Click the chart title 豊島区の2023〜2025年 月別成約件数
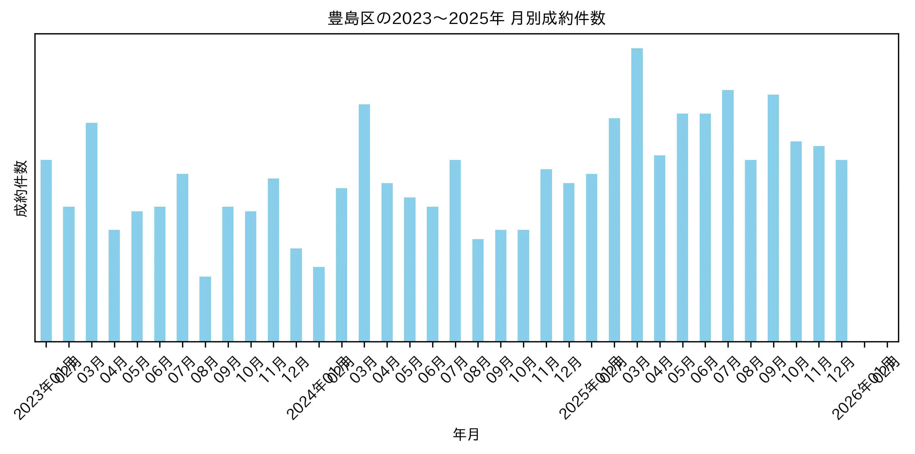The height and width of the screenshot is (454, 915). point(466,19)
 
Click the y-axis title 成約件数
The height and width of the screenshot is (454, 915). point(21,188)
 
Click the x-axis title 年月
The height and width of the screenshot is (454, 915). point(466,434)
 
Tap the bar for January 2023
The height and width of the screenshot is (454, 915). point(46,251)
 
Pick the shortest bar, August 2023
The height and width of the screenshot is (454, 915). point(205,309)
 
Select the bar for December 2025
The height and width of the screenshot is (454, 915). point(841,251)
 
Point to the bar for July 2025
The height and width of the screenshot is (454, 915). point(728,216)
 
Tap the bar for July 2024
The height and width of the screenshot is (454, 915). point(455,251)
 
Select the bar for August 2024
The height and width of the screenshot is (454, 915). point(478,290)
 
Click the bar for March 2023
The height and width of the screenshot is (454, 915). point(92,232)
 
